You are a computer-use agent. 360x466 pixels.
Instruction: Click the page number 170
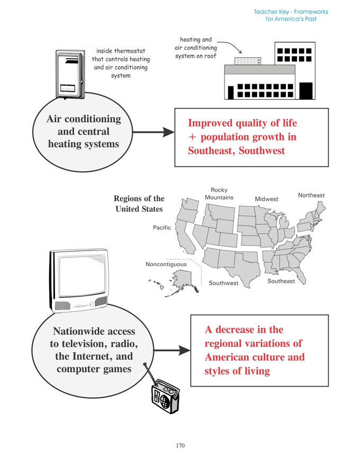tap(180, 445)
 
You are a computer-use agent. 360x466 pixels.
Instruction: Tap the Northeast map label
tap(311, 195)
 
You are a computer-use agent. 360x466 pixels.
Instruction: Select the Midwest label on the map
tap(266, 199)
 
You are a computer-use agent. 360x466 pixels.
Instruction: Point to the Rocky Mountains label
tap(219, 193)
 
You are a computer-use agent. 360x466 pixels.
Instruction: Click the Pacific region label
tap(162, 228)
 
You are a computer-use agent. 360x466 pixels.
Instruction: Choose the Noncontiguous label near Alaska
tap(166, 264)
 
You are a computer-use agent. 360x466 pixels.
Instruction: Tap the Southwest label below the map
tap(223, 283)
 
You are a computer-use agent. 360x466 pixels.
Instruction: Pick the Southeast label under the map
tap(281, 281)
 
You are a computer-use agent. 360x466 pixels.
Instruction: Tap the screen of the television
tap(82, 276)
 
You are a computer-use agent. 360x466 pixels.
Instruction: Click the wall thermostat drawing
tap(70, 75)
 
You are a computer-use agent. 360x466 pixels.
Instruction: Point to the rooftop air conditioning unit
tap(248, 61)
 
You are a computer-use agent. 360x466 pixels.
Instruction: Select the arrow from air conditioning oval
tap(154, 132)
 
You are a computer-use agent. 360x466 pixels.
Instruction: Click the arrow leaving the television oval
tap(172, 351)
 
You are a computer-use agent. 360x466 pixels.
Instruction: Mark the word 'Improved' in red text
tap(210, 123)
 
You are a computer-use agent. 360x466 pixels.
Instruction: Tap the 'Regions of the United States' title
tap(139, 203)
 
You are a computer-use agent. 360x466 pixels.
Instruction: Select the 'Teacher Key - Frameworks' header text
tap(291, 12)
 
